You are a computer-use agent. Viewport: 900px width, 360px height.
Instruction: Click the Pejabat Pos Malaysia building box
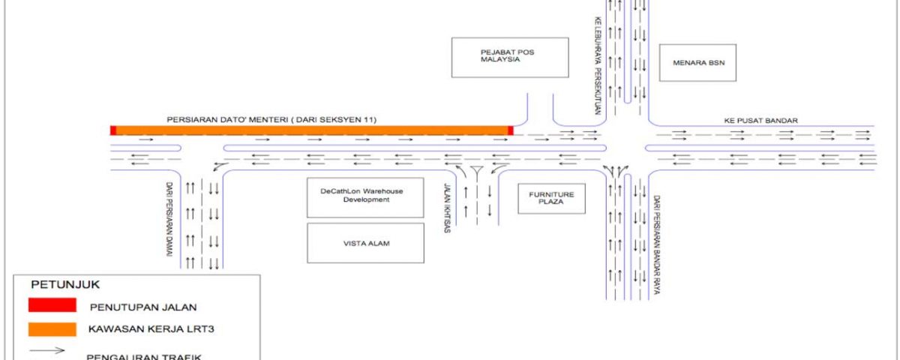point(510,58)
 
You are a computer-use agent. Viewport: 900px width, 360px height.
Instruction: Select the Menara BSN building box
point(697,63)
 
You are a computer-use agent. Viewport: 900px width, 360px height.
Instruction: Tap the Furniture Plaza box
point(551,199)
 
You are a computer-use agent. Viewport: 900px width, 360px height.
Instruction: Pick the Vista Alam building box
point(365,243)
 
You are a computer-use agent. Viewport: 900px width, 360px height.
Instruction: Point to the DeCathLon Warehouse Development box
point(365,197)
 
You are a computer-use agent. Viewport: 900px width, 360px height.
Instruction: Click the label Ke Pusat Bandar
point(761,121)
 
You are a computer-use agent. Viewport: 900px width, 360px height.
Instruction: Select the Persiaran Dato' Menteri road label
point(271,120)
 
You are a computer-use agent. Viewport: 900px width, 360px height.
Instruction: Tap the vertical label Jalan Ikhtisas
point(447,208)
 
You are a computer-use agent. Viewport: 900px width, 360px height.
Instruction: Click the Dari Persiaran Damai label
point(169,219)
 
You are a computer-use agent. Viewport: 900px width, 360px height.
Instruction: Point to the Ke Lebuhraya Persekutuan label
point(598,65)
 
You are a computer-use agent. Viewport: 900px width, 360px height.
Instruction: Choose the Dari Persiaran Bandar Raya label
point(656,244)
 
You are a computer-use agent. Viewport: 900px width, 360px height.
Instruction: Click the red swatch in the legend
point(52,305)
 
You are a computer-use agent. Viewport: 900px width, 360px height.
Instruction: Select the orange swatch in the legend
point(52,329)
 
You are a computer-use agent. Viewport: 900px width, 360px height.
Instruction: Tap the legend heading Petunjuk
point(65,284)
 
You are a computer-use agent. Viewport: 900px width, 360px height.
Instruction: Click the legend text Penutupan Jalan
point(143,307)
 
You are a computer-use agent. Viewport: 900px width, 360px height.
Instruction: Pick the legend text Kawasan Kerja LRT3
point(151,329)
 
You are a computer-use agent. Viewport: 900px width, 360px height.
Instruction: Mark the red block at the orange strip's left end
point(113,130)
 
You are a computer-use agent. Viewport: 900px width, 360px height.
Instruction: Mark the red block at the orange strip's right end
point(511,130)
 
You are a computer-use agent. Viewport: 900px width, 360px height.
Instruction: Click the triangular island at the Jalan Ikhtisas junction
point(477,170)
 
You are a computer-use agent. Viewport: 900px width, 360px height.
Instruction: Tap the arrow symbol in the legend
point(47,350)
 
